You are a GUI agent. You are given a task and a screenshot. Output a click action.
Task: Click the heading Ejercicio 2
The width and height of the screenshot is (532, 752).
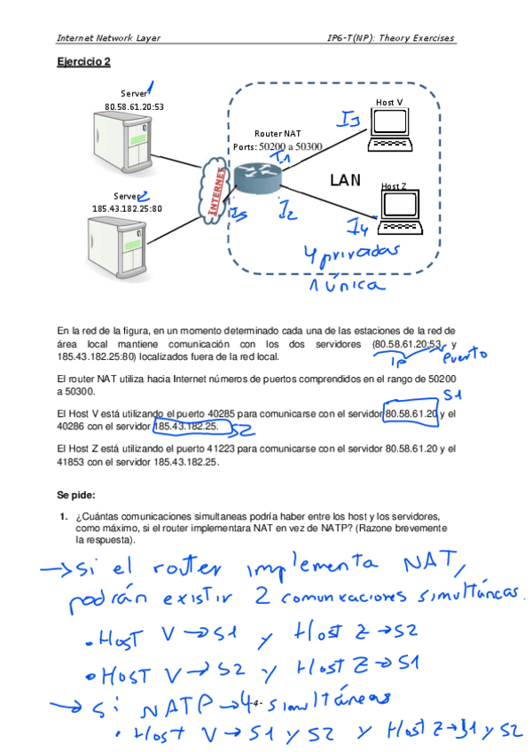coord(83,62)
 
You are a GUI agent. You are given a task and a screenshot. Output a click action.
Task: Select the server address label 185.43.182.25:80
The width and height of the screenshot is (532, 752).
coord(127,208)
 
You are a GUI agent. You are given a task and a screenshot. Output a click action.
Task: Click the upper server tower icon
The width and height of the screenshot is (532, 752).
coord(126,145)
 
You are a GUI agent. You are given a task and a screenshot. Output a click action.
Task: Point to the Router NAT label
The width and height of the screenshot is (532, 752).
coord(278,132)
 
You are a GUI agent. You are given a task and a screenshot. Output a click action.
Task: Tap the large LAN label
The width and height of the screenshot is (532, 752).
coord(345,180)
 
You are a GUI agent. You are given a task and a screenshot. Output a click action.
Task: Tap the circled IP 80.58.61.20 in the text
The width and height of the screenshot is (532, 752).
coord(411,413)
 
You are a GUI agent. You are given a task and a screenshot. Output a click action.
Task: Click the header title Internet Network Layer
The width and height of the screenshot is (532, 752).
coord(107,38)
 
